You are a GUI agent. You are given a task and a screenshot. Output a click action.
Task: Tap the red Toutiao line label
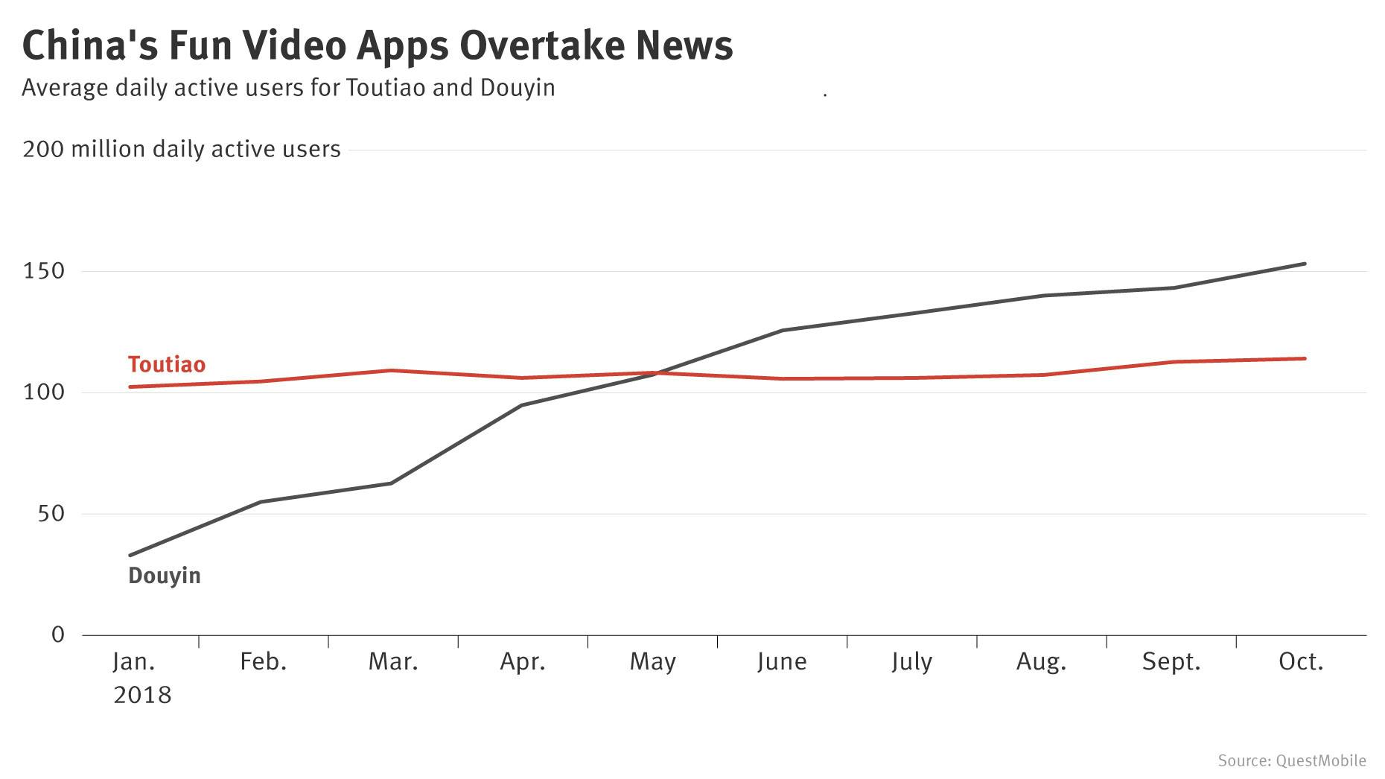pos(166,364)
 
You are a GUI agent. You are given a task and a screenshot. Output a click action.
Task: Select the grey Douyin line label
pos(165,576)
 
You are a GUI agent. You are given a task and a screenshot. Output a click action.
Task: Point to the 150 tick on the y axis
pos(44,271)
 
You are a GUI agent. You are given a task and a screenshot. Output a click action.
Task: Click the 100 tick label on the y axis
pos(44,392)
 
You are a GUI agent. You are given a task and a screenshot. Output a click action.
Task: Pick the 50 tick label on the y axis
pos(51,514)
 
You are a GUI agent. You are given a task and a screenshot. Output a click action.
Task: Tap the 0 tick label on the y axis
pos(58,635)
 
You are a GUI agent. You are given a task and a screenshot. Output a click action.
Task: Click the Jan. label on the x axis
pos(134,661)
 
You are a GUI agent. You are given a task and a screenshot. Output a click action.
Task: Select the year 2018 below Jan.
pos(142,695)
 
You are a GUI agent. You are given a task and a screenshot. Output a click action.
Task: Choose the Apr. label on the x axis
pos(523,661)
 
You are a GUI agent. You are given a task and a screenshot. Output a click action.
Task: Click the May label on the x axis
pos(652,661)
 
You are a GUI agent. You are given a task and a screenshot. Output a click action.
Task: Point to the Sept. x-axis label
pos(1171,661)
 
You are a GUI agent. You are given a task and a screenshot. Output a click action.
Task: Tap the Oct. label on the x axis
pos(1301,661)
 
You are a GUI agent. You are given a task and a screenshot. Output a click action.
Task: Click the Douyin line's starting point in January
pos(130,555)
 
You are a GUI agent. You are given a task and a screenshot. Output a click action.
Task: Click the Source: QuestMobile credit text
pos(1292,760)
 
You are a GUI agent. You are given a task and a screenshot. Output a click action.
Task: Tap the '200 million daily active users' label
pos(182,150)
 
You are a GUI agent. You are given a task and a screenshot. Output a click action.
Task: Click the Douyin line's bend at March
pos(391,483)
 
